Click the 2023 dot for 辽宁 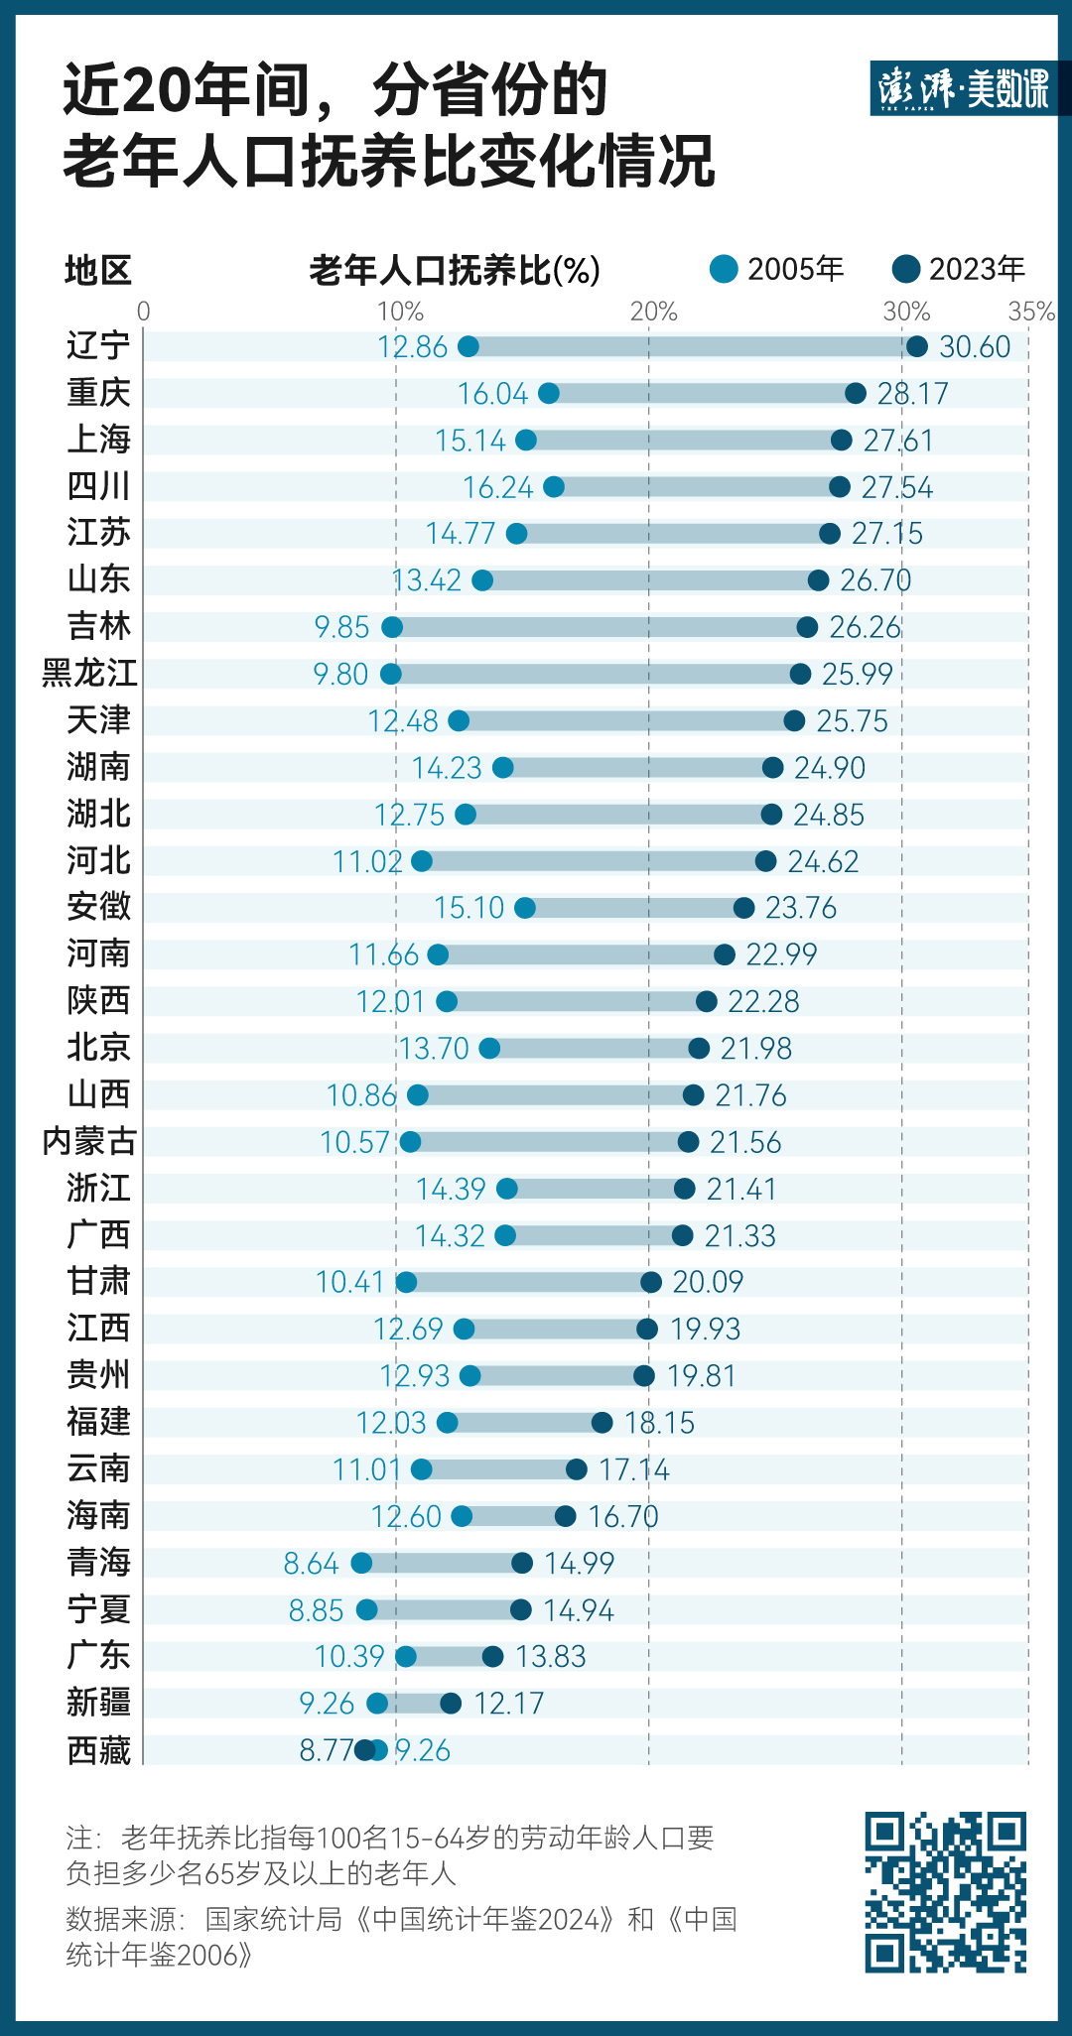tap(916, 346)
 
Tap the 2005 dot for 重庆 tap(549, 393)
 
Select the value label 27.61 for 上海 tap(898, 440)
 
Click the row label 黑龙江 tap(89, 673)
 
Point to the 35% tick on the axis tap(1030, 312)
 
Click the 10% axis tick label tap(399, 312)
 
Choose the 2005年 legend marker tap(725, 269)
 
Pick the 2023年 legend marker tap(906, 269)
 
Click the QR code tap(945, 1892)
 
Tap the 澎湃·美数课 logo tap(963, 88)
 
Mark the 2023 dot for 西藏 tap(365, 1749)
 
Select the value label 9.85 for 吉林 tap(341, 627)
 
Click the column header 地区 tap(97, 270)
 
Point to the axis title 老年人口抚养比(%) tap(455, 270)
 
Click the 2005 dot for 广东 tap(406, 1656)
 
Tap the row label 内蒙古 tap(89, 1141)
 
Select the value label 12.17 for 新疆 tap(509, 1704)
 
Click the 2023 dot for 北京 tap(699, 1048)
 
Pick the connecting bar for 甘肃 tap(528, 1282)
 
